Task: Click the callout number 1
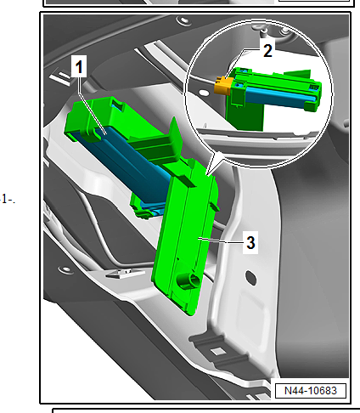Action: click(x=80, y=65)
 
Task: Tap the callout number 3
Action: click(x=250, y=242)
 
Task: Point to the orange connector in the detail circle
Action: click(x=223, y=84)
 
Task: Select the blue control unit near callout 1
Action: click(x=127, y=161)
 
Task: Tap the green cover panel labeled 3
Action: click(x=187, y=238)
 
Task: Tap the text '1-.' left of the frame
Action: click(x=8, y=200)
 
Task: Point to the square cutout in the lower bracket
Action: click(x=216, y=349)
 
